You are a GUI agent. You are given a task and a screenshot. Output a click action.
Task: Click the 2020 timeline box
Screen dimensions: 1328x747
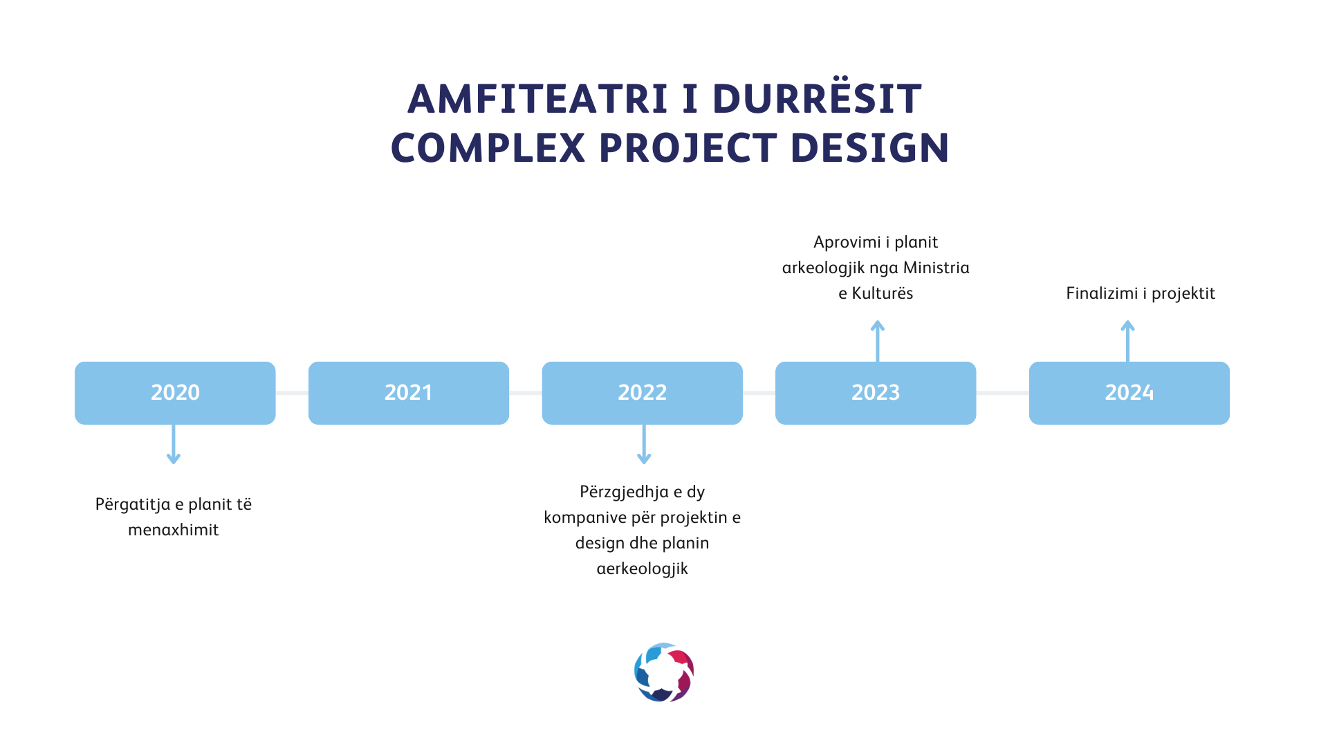[x=175, y=393]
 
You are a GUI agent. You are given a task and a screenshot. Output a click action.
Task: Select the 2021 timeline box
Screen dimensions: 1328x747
[x=409, y=393]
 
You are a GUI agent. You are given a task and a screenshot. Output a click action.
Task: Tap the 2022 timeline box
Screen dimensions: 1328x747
[x=643, y=393]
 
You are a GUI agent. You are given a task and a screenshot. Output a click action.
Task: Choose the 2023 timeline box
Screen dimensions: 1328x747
[x=876, y=393]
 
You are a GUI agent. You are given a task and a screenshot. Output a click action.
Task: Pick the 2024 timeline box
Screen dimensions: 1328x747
[x=1129, y=393]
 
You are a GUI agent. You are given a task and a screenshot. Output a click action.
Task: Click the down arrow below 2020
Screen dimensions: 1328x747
[x=174, y=444]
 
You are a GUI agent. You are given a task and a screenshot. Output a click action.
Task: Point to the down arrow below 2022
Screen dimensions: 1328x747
[x=644, y=444]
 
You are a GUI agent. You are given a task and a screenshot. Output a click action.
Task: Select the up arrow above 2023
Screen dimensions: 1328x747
[x=878, y=341]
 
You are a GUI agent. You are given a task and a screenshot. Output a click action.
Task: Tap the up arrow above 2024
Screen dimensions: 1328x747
[x=1128, y=341]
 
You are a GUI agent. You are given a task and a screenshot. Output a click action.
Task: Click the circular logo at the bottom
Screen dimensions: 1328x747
[x=664, y=672]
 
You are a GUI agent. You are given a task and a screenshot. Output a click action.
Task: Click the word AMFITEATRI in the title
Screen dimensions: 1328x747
[x=538, y=99]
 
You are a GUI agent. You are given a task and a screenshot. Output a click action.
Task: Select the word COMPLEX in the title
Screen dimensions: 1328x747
[x=488, y=148]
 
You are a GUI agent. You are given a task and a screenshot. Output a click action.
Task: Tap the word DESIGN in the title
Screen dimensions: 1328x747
[x=870, y=148]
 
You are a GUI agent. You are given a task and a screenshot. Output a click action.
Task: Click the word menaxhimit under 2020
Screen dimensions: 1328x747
[x=174, y=530]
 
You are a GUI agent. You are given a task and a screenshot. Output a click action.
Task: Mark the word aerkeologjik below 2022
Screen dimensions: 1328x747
[x=643, y=569]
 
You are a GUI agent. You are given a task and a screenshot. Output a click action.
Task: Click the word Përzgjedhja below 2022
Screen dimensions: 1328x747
[x=625, y=492]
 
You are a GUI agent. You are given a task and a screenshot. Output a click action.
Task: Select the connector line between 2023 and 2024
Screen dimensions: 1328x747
[x=1002, y=393]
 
